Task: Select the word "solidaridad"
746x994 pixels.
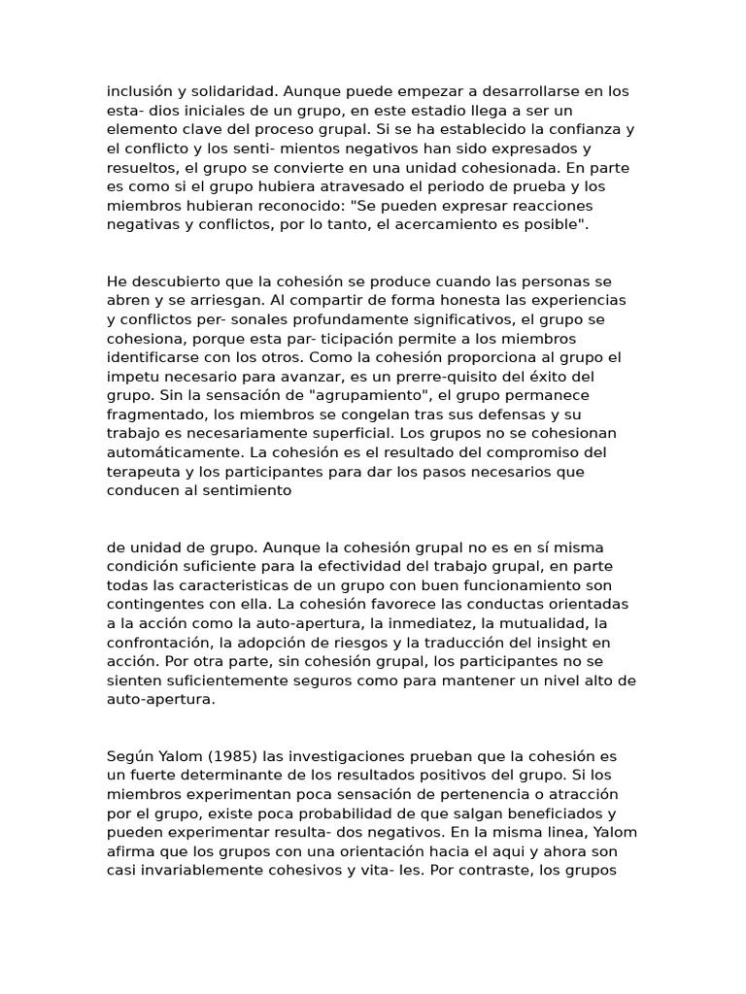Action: [x=233, y=91]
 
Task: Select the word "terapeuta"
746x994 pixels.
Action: [x=143, y=471]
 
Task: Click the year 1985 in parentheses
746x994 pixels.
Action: [x=242, y=756]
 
